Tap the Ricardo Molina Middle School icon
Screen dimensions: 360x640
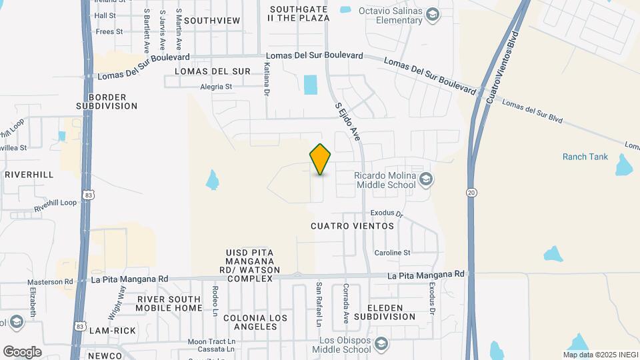tap(427, 179)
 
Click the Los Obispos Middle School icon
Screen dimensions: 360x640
tap(381, 344)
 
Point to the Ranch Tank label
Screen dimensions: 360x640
tap(585, 157)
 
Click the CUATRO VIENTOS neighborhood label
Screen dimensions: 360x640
tap(352, 226)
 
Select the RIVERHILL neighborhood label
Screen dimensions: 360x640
tap(29, 174)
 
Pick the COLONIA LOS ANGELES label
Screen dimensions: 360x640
tap(251, 322)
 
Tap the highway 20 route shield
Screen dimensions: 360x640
tap(471, 191)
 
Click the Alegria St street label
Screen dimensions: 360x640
tap(215, 87)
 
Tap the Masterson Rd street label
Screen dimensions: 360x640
tap(50, 282)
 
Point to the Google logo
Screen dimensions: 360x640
tap(22, 351)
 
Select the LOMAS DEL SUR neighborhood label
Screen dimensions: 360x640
tap(212, 71)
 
